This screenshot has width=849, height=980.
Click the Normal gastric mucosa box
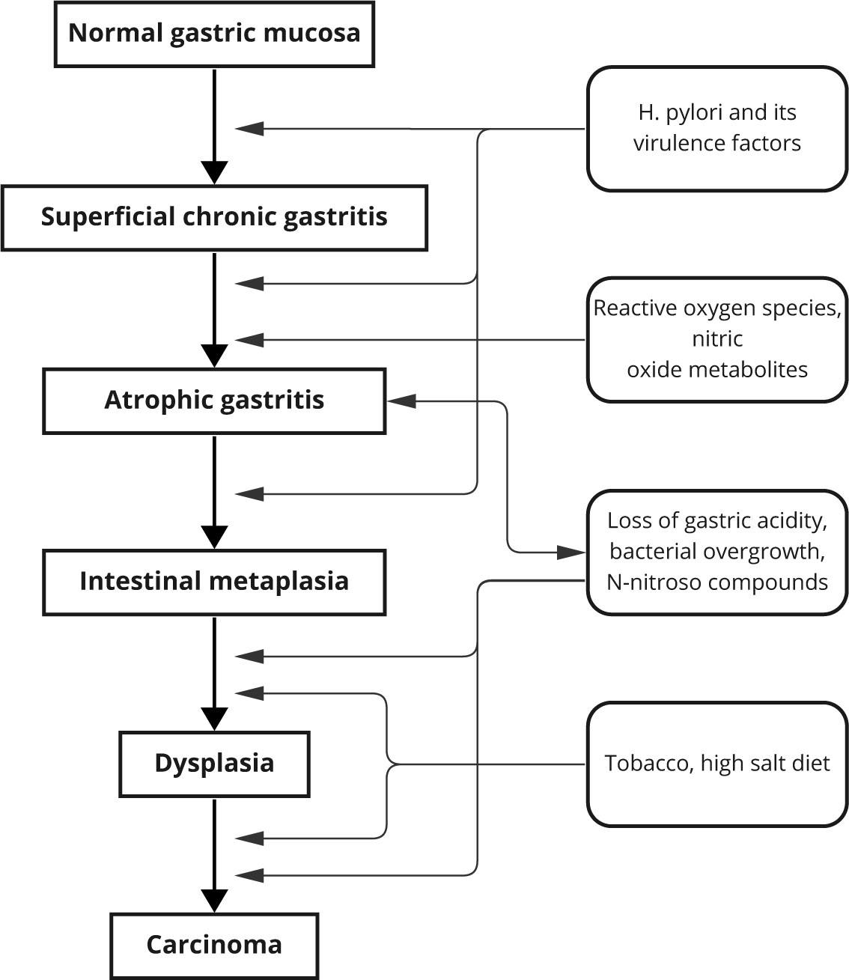pos(214,34)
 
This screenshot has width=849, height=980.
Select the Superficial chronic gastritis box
pos(214,217)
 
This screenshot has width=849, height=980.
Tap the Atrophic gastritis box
pos(214,400)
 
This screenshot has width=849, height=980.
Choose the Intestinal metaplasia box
pos(214,582)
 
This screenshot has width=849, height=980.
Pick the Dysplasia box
pos(214,764)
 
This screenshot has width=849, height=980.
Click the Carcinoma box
pos(214,945)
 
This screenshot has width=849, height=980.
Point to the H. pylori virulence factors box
pos(716,128)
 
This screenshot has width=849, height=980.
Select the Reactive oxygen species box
pos(716,339)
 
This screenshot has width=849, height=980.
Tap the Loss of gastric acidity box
pos(716,552)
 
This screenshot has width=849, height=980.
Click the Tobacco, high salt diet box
pos(716,764)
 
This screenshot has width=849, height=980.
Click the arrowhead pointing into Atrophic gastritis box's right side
pos(400,401)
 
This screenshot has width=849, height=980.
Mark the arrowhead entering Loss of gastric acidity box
pos(572,553)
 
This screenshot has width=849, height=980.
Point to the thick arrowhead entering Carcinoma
pos(215,901)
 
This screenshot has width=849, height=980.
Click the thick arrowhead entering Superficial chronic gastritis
pos(215,172)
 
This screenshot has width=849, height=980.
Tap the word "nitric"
pos(717,339)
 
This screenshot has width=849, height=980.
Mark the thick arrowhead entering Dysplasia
pos(215,719)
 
